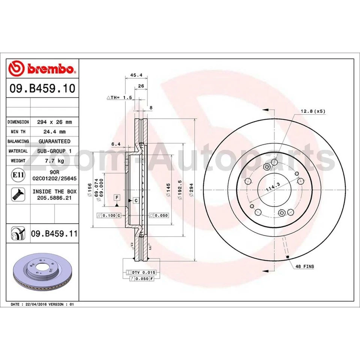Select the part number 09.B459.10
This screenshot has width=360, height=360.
tap(42, 89)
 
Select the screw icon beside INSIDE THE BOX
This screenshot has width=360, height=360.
tap(17, 194)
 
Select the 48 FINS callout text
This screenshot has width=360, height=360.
tap(304, 266)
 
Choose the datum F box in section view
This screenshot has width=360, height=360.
tap(117, 197)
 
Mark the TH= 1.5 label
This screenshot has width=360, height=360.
tap(120, 97)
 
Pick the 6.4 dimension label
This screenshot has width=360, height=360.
tap(116, 144)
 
